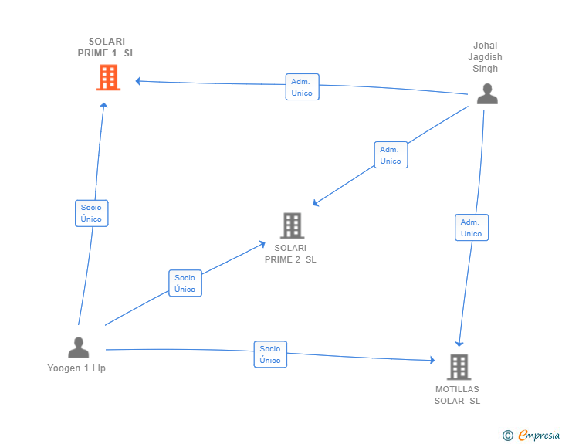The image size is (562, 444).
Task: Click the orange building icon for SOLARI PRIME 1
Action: coord(108,77)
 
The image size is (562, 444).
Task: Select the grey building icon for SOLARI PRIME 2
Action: coord(292,225)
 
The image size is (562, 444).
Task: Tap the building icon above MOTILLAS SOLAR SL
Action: coord(459,367)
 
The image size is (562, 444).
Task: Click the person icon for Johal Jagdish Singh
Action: coord(487,93)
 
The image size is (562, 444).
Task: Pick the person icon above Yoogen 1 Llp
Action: coord(79,347)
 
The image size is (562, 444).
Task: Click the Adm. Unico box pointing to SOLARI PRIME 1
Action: coord(302,86)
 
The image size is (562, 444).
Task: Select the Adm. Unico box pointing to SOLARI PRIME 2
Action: coord(391,154)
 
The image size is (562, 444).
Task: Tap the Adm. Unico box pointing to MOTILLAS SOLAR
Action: coord(472,227)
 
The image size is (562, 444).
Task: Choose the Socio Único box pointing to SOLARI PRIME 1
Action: coord(91,213)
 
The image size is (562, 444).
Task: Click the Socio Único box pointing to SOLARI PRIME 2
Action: coord(185,283)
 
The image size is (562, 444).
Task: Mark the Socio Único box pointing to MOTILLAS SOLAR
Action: coord(270,354)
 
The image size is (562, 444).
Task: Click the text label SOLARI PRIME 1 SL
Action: coord(107,47)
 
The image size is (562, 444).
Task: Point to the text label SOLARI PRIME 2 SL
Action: coord(290,253)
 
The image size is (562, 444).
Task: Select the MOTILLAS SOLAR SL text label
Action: coord(457,395)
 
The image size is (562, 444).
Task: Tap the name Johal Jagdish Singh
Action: coord(486,56)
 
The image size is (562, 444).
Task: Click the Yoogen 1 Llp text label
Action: coord(76,368)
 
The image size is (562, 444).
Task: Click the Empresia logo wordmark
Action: coord(539,435)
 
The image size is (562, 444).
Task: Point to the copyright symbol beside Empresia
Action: coord(507,436)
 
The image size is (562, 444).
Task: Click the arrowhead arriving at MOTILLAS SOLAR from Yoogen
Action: coord(432,360)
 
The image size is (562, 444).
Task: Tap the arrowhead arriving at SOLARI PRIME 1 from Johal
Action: coord(137,81)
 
